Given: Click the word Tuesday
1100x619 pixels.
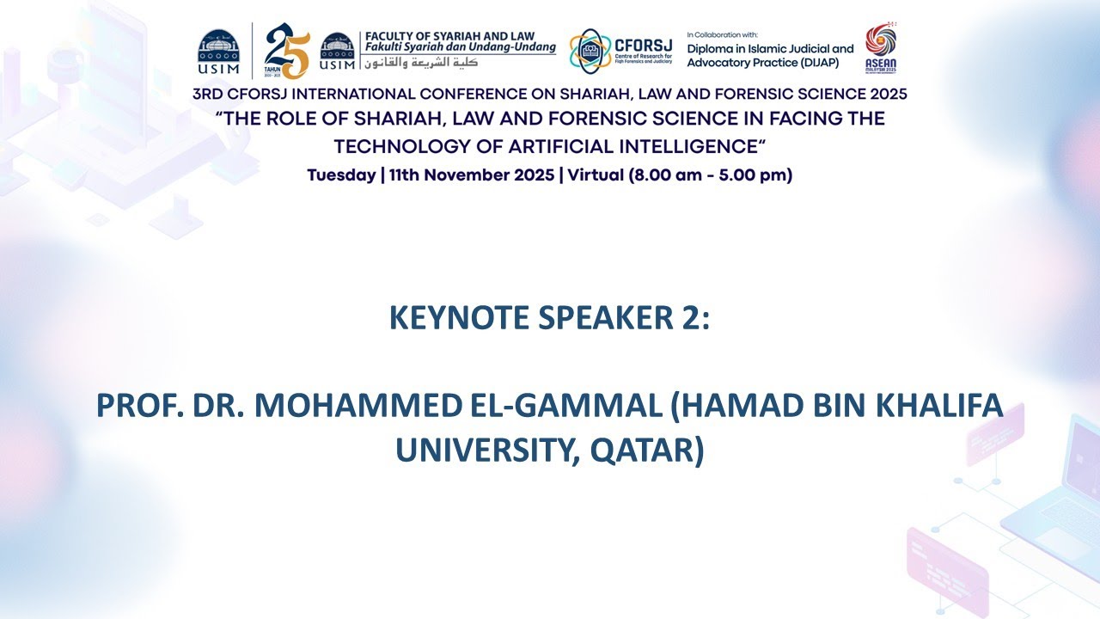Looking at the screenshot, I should pos(341,175).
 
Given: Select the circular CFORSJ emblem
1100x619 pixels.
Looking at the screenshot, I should pos(590,51).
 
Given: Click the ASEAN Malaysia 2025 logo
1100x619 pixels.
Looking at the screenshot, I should pos(880,48).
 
